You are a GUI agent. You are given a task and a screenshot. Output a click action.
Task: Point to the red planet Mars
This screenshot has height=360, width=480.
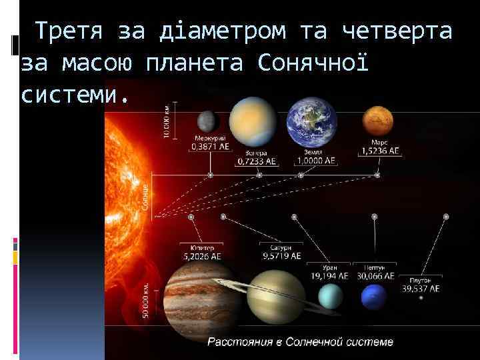[378, 121]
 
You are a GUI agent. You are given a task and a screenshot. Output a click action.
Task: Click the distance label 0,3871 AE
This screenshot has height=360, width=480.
[211, 146]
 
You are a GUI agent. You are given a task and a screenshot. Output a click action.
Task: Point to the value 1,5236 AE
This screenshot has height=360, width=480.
[381, 151]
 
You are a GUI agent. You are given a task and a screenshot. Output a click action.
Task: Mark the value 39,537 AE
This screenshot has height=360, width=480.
[421, 289]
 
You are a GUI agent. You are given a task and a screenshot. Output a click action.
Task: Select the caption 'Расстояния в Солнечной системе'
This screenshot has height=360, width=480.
[301, 342]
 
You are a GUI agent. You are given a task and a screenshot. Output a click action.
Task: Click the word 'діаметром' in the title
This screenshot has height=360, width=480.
[223, 31]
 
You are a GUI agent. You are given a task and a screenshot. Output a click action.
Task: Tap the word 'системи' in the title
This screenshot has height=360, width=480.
[69, 95]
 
